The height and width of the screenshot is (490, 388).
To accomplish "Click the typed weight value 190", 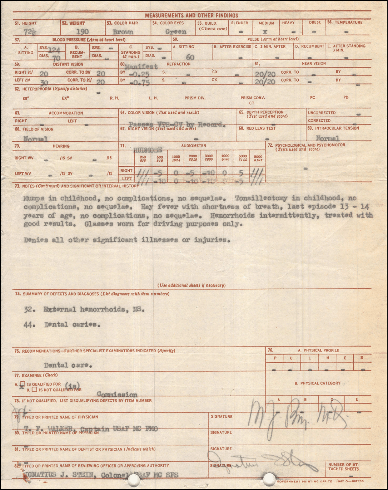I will tap(82, 32).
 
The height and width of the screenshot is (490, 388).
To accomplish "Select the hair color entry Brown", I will tap(123, 32).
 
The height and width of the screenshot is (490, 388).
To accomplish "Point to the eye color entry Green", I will tap(176, 32).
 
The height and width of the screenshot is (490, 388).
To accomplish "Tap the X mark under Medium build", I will tap(265, 32).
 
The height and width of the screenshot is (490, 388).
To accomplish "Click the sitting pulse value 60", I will tap(190, 57).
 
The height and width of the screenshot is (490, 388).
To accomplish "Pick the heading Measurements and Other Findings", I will tap(191, 15).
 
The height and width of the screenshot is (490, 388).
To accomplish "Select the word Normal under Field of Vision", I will tap(36, 139).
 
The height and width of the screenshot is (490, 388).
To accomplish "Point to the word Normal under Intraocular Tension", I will tap(327, 138).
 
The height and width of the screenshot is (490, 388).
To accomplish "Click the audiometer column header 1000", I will tap(176, 157).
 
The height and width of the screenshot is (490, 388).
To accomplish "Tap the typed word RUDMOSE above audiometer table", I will tap(148, 150).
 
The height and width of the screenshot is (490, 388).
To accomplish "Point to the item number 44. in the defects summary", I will tap(30, 325).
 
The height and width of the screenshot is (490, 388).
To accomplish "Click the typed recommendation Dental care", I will tap(68, 366).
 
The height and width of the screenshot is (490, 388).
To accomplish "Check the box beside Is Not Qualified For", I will tap(34, 390).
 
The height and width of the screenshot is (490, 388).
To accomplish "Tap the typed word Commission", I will tap(117, 395).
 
